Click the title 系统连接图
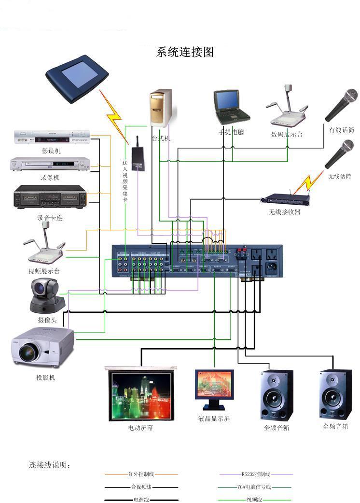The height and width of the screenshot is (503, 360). [185, 52]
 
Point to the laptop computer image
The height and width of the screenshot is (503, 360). [231, 106]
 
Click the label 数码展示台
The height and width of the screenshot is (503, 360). [287, 135]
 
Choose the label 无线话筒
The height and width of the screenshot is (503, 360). [340, 176]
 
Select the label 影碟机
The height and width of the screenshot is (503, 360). [51, 151]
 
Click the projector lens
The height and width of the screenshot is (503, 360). [28, 352]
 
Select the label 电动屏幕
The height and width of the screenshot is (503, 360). [140, 428]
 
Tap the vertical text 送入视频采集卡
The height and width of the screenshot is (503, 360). [125, 181]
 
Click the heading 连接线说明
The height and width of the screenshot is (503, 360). [50, 465]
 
